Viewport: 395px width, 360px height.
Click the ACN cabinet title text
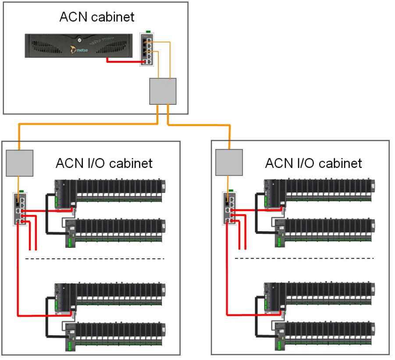(x=97, y=18)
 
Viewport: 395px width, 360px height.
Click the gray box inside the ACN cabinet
(x=163, y=91)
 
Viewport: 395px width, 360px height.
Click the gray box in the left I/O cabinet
(x=20, y=162)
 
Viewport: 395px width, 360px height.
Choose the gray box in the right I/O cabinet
(x=229, y=162)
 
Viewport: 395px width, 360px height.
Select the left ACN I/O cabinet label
(x=104, y=164)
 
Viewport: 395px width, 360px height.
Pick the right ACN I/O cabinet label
(x=313, y=164)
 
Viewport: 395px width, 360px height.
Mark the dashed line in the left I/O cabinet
(x=95, y=259)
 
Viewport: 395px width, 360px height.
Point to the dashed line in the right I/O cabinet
(x=304, y=259)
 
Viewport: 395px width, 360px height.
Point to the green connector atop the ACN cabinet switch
(x=148, y=31)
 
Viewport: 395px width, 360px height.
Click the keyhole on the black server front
(x=78, y=40)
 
